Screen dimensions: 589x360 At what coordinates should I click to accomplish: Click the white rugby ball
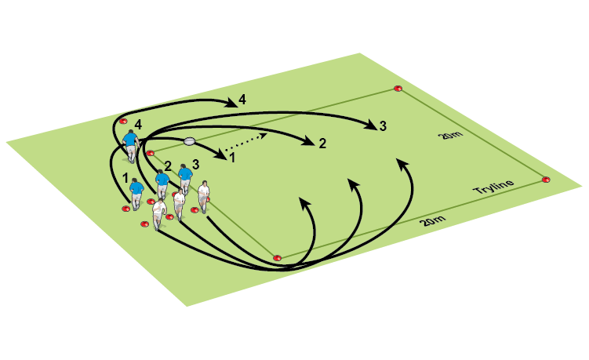[190, 141]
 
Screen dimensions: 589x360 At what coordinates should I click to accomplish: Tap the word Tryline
[493, 187]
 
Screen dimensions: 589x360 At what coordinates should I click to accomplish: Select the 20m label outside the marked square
[432, 220]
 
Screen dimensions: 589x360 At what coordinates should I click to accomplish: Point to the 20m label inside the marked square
[450, 135]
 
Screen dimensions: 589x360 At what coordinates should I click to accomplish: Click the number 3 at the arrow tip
[383, 126]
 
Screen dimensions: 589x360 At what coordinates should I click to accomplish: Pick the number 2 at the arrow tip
[322, 144]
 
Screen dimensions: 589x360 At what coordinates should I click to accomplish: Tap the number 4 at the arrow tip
[242, 100]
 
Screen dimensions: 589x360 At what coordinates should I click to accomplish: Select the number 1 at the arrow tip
[232, 158]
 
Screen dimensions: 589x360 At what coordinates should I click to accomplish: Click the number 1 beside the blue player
[125, 178]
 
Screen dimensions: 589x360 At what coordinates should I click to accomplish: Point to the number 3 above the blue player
[196, 164]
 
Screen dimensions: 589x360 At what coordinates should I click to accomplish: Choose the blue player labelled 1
[136, 194]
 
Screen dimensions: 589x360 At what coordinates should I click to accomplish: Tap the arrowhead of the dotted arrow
[264, 135]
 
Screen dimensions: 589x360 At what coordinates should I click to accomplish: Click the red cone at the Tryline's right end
[546, 180]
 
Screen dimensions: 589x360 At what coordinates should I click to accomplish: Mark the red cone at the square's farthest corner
[398, 89]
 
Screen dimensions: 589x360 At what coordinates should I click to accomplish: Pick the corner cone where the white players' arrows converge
[277, 258]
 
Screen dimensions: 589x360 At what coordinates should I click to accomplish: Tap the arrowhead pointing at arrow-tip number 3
[372, 125]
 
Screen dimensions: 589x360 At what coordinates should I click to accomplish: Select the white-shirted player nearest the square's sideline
[204, 197]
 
